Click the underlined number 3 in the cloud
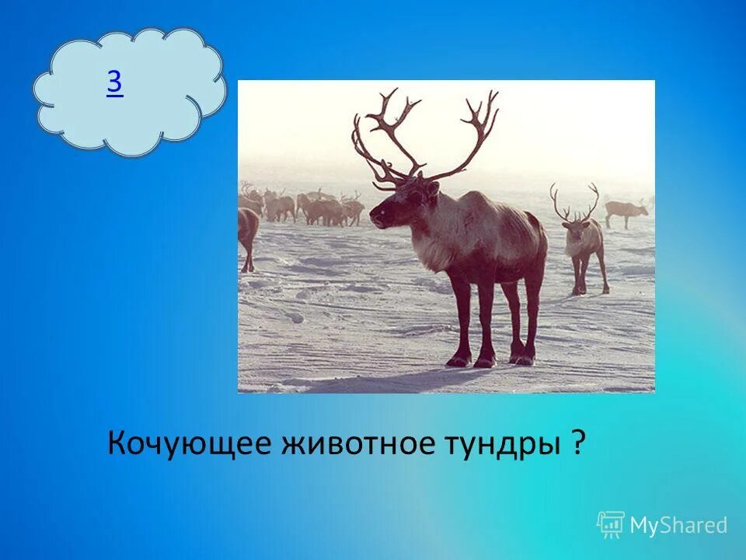pyautogui.click(x=114, y=83)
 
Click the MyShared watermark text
pyautogui.click(x=678, y=526)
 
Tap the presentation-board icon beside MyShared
pyautogui.click(x=611, y=525)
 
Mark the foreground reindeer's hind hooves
pyautogui.click(x=523, y=359)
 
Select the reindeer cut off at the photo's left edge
pyautogui.click(x=248, y=233)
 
